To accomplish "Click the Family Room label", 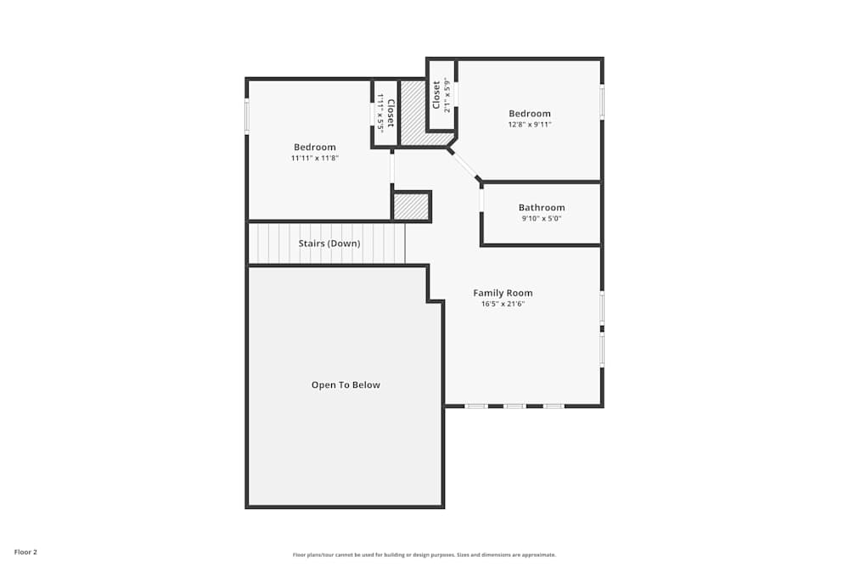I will (x=503, y=293).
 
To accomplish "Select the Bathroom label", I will (x=541, y=207).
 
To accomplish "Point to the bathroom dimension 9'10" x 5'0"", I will (x=541, y=218).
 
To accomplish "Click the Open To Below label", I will (x=346, y=384).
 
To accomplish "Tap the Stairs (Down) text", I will (x=329, y=244).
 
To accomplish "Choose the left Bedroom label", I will (x=314, y=147).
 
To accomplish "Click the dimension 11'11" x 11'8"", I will (x=314, y=158).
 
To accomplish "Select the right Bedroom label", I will (x=529, y=114).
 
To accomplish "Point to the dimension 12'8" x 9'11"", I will (x=529, y=125).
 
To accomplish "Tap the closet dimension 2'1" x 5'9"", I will (x=447, y=95).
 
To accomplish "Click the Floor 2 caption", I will (x=25, y=552).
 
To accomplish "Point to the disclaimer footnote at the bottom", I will (x=424, y=554).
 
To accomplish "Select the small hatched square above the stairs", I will (x=412, y=206).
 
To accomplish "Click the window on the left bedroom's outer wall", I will (x=247, y=116).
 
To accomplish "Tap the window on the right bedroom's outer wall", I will (x=602, y=101).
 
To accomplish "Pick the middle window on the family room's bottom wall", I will (x=514, y=406).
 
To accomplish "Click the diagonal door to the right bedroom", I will (x=464, y=165).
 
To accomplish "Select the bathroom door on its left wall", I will (x=481, y=201).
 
